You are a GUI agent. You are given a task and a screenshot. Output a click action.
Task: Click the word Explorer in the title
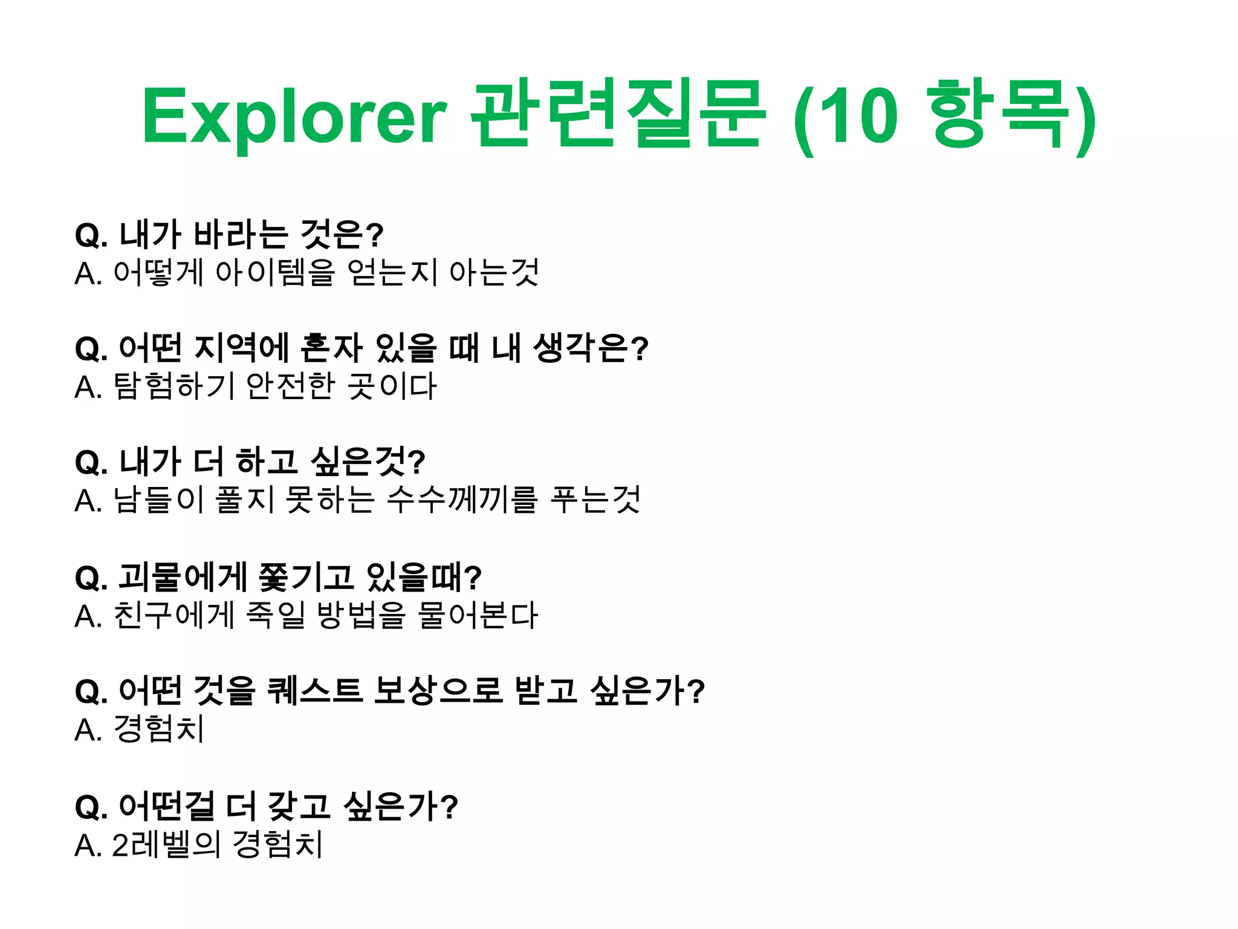click(x=294, y=117)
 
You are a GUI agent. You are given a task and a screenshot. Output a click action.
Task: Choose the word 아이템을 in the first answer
click(x=275, y=273)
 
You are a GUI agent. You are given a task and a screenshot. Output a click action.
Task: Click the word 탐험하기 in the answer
click(x=174, y=386)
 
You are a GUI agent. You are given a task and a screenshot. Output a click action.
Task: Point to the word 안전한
click(x=291, y=386)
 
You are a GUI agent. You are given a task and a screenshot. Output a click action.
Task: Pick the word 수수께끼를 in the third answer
click(x=462, y=500)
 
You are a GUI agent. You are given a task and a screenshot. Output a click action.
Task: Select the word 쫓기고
click(x=306, y=577)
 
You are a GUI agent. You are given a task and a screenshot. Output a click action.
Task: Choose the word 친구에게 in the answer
click(x=174, y=616)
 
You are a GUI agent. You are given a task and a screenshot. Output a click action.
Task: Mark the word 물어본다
click(x=478, y=616)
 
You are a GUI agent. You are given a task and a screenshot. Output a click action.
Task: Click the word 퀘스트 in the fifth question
click(x=314, y=691)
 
